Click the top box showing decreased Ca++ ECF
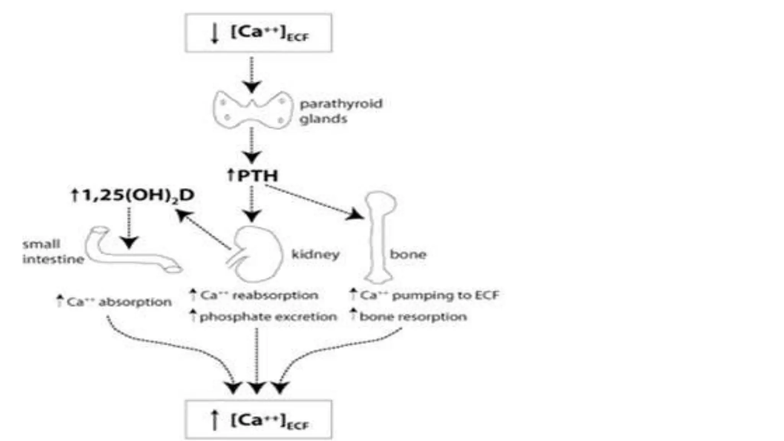point(258,33)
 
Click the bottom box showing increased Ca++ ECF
point(258,420)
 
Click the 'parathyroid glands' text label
point(340,111)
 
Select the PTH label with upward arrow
point(253,176)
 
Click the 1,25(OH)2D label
point(133,196)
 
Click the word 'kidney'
point(315,254)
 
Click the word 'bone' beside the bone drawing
point(408,254)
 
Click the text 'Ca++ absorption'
point(119,302)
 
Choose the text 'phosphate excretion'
point(268,317)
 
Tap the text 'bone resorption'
point(413,317)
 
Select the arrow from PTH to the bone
point(314,202)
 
